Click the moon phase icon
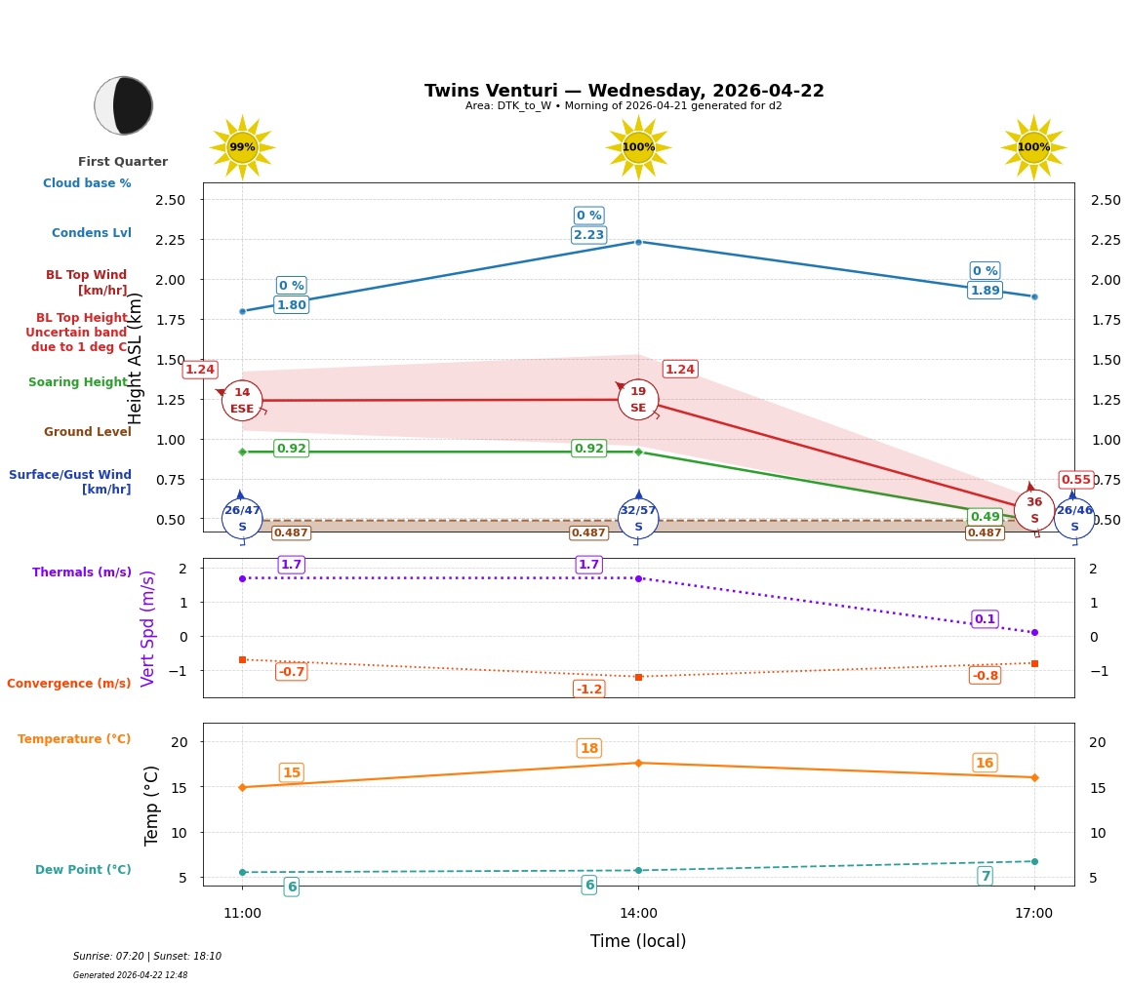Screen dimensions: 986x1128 pyautogui.click(x=124, y=105)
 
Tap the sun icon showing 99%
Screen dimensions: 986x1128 pyautogui.click(x=242, y=147)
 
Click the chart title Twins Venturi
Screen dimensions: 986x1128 pyautogui.click(x=624, y=91)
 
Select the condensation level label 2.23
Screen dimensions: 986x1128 pyautogui.click(x=588, y=235)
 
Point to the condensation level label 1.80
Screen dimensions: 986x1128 pyautogui.click(x=291, y=305)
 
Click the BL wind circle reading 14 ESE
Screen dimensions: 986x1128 pyautogui.click(x=242, y=401)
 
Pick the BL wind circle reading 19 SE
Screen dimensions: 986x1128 pyautogui.click(x=638, y=400)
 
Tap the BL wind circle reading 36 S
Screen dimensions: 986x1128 pyautogui.click(x=1034, y=510)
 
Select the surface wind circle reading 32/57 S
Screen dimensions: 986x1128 pyautogui.click(x=638, y=519)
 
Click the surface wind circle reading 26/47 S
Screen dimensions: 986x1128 pyautogui.click(x=242, y=519)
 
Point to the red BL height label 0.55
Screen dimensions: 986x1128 pyautogui.click(x=1076, y=480)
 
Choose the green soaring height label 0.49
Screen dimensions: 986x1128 pyautogui.click(x=985, y=517)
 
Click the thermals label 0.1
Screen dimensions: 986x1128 pyautogui.click(x=985, y=619)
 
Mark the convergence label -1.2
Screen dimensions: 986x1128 pyautogui.click(x=588, y=690)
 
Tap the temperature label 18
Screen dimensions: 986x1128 pyautogui.click(x=588, y=749)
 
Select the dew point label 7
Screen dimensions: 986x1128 pyautogui.click(x=985, y=877)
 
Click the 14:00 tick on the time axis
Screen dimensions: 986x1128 pyautogui.click(x=638, y=914)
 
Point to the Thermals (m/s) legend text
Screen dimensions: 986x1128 pyautogui.click(x=81, y=572)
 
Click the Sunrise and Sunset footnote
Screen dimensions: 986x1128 pyautogui.click(x=147, y=957)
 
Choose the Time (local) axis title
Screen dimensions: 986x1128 pyautogui.click(x=638, y=941)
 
